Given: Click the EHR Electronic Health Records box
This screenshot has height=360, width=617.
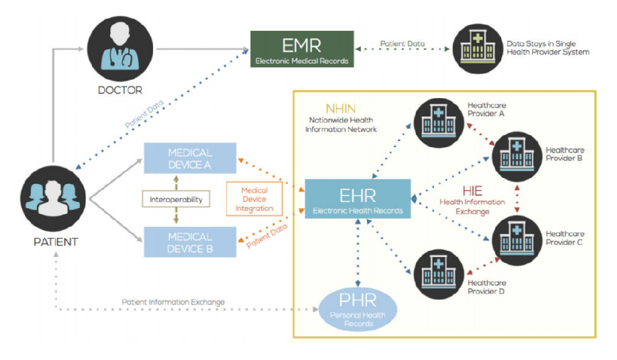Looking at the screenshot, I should (358, 198).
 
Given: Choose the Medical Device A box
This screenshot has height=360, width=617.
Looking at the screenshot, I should (190, 158).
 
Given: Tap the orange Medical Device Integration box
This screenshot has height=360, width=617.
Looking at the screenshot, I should (254, 199).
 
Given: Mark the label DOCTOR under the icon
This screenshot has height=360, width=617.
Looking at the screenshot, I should (120, 90).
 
